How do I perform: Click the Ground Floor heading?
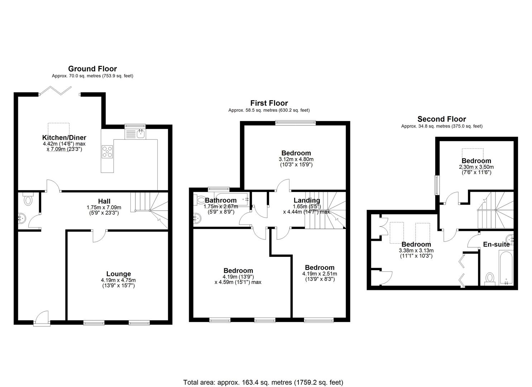coord(92,69)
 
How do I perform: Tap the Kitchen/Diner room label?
coord(64,138)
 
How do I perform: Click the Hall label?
coord(104,201)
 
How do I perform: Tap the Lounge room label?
coord(118,274)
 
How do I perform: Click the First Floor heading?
coord(269,103)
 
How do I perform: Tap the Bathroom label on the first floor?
coord(221,200)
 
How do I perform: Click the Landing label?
coord(307,200)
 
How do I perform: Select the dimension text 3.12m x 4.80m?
coord(296,159)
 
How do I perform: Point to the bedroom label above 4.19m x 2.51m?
coord(320,268)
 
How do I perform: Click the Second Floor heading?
coord(441,119)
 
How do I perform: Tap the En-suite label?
coord(496,244)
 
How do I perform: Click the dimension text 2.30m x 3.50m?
coord(476,167)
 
